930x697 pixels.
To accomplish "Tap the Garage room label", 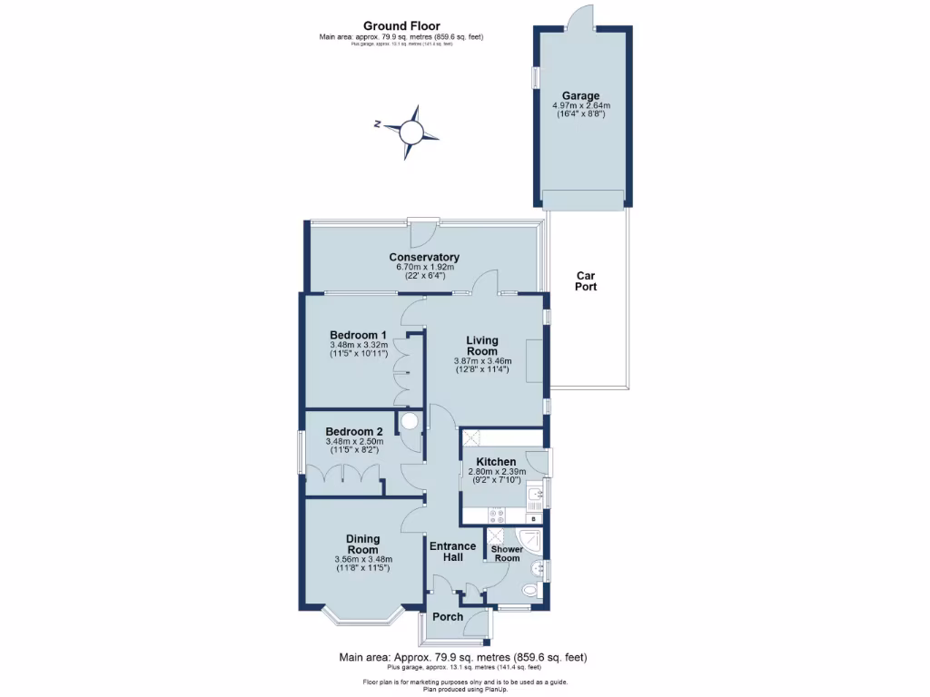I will [x=580, y=95].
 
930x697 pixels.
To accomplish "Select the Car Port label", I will [x=586, y=280].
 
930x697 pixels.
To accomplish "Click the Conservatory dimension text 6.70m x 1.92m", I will [x=424, y=268].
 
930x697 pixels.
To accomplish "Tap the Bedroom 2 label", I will [x=354, y=431].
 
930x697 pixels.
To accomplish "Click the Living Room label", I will [x=482, y=346].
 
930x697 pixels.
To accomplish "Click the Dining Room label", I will [x=362, y=545].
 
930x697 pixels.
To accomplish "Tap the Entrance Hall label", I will [x=452, y=551].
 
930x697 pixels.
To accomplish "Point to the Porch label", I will [x=448, y=617].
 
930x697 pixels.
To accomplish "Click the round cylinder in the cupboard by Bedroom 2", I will [x=411, y=421].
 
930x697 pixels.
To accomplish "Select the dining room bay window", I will [x=361, y=621].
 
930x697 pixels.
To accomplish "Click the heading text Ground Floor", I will [x=401, y=25].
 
